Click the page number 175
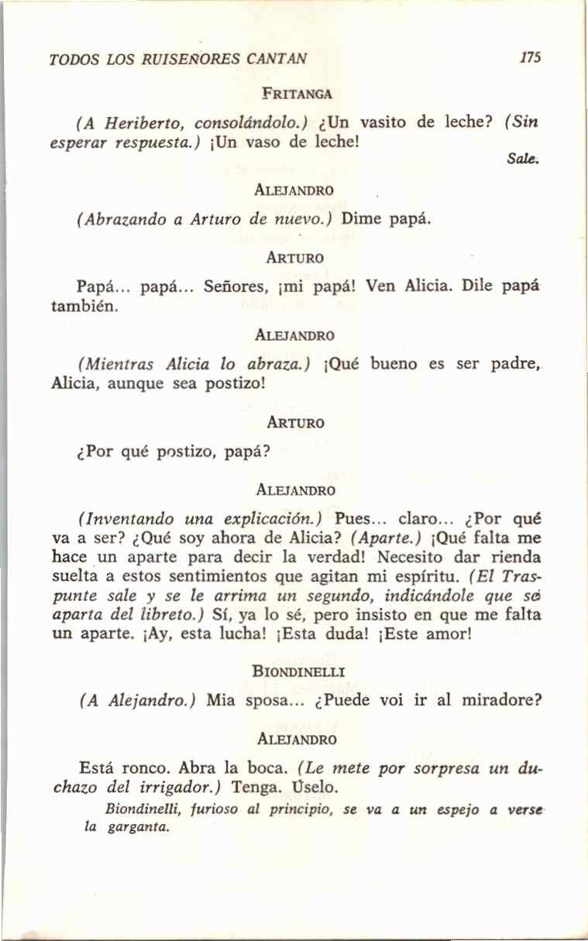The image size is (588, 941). pyautogui.click(x=531, y=58)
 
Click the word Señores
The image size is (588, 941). pyautogui.click(x=232, y=285)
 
